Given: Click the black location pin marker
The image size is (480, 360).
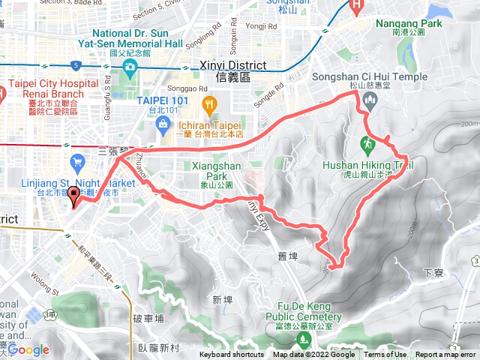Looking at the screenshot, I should pos(74,196).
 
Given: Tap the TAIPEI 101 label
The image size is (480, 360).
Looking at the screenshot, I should pos(157,98).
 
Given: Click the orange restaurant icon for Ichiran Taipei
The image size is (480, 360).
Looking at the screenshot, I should pos(210,103).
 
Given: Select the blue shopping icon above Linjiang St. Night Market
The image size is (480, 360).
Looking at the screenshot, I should pos(77,160).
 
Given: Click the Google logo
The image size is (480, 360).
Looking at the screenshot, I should pos(28,349).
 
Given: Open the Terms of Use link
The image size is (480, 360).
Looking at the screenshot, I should pos(385,355).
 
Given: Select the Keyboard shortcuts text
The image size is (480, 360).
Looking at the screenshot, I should pos(232,355).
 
